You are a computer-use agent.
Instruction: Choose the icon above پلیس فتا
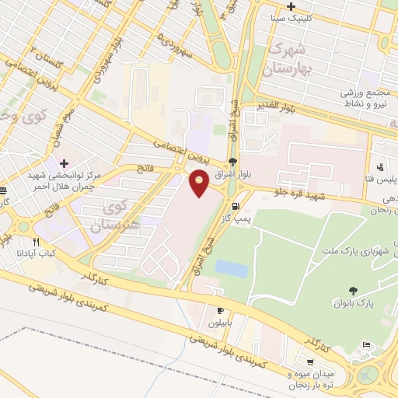pos(379,167)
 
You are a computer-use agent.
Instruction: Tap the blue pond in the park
pos(231,268)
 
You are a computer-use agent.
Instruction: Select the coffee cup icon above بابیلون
pos(220,309)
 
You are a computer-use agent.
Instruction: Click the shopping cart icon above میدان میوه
pos(310,361)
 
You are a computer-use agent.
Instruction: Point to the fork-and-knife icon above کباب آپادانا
pos(35,242)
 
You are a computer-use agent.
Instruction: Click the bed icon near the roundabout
pos(366,344)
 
